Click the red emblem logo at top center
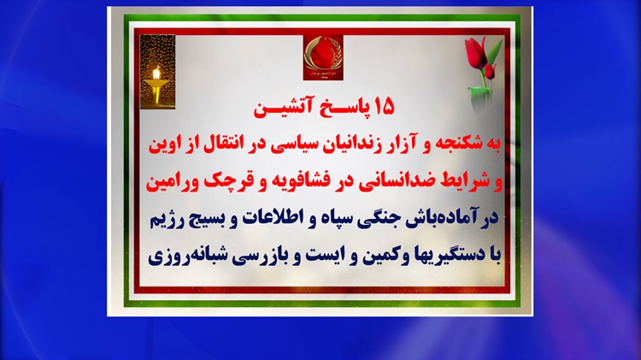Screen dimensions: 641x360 click(323, 57)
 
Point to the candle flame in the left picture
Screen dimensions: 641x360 click(156, 74)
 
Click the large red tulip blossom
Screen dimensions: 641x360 click(475, 53)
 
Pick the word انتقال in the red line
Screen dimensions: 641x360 click(221, 145)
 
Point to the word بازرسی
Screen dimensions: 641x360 click(256, 256)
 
